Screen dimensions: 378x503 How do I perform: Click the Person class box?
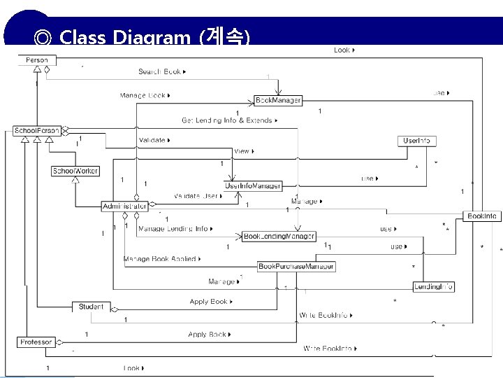[x=37, y=60]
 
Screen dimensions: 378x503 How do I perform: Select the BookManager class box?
[x=277, y=101]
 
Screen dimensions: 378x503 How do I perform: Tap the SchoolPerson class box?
[x=36, y=131]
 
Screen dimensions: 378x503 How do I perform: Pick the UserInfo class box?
[x=416, y=141]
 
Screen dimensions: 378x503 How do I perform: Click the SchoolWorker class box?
[x=75, y=171]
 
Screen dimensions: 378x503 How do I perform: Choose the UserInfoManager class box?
[x=253, y=186]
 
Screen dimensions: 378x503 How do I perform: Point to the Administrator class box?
[x=124, y=206]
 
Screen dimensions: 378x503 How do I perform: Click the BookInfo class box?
[x=482, y=217]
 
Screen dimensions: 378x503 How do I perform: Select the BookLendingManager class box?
[x=278, y=237]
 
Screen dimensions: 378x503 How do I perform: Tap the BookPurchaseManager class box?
[x=296, y=266]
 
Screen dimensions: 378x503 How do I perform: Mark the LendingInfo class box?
[x=434, y=287]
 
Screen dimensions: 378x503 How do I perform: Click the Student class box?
[x=91, y=307]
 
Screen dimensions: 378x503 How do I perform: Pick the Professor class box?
[x=36, y=342]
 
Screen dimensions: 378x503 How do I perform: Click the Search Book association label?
[x=160, y=71]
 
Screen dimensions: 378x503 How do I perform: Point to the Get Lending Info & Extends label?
[x=228, y=120]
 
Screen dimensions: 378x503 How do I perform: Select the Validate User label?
[x=196, y=196]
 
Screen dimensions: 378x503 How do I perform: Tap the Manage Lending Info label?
[x=173, y=229]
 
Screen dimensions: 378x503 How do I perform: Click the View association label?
[x=242, y=151]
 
